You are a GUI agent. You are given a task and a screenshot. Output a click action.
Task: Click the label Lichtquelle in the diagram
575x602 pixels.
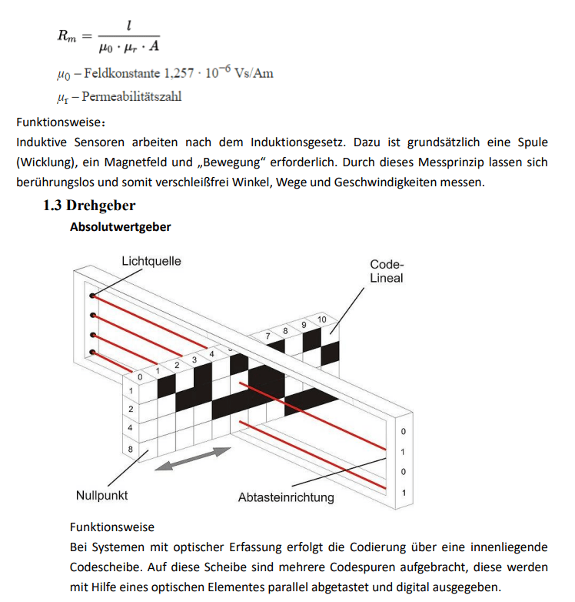pos(151,261)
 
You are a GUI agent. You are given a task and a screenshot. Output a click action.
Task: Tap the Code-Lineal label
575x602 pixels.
pos(386,271)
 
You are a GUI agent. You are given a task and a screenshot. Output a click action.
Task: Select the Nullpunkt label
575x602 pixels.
pos(102,495)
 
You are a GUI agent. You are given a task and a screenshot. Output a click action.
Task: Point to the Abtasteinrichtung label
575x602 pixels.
pos(286,497)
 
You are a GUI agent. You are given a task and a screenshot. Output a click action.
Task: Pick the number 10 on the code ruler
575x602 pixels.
pos(321,319)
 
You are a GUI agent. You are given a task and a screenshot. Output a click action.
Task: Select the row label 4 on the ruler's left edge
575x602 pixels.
pos(131,427)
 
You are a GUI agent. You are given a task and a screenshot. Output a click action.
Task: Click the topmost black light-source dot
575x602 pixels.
pos(92,296)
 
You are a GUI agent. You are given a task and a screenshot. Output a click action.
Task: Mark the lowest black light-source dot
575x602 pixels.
pos(92,353)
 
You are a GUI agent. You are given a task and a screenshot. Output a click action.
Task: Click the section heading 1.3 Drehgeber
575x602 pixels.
pos(89,206)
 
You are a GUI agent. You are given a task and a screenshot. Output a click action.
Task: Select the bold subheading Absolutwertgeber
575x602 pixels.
pos(120,227)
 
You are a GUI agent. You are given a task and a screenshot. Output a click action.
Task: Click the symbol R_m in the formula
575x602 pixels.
pos(67,35)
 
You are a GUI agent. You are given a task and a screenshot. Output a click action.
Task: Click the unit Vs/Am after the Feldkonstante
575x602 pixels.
pos(253,74)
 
